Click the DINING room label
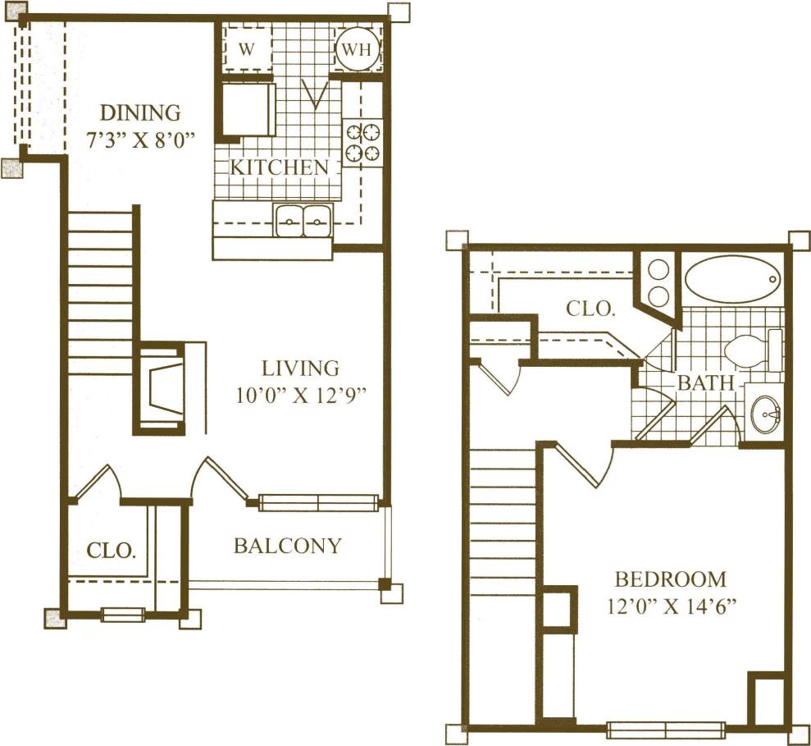(x=139, y=112)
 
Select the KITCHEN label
(x=279, y=167)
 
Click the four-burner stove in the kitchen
(x=362, y=141)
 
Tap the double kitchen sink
(x=303, y=221)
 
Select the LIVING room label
(x=300, y=368)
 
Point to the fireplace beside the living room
(x=162, y=389)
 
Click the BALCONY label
(x=287, y=546)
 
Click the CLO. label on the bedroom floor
(x=590, y=309)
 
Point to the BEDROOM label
(x=671, y=579)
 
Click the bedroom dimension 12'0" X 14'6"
(x=671, y=609)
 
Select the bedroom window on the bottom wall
(x=666, y=728)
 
